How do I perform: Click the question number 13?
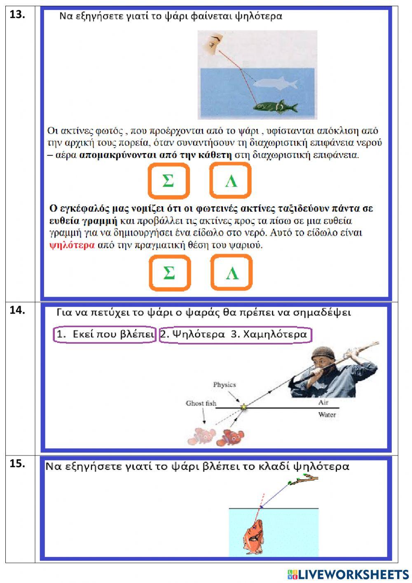17,14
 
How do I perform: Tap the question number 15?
17,463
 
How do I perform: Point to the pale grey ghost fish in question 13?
276,83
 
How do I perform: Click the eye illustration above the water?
215,42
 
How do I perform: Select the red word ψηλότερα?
72,245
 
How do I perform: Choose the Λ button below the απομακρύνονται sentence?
230,181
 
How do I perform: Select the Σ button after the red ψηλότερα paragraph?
169,273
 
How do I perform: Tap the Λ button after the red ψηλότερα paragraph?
232,273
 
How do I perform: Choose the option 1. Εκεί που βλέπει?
105,335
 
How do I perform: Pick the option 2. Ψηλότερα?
193,335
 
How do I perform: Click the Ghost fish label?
201,403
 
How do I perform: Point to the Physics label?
224,385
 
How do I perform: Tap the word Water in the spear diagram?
327,415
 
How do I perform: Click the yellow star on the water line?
244,407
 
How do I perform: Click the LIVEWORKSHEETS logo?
348,574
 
